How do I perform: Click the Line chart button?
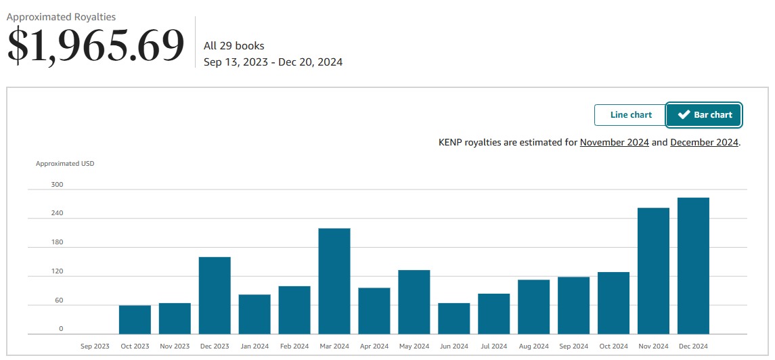click(631, 115)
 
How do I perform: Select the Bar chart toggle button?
click(704, 115)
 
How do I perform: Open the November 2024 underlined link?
click(614, 143)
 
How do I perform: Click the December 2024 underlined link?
click(704, 143)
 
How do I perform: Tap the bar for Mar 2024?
click(334, 281)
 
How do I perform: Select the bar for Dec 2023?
click(215, 295)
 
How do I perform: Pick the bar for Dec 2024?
click(693, 265)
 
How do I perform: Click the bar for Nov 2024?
click(653, 271)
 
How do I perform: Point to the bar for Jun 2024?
click(453, 318)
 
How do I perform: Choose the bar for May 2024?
click(414, 302)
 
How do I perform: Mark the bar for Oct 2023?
click(135, 319)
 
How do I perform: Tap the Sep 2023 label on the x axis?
click(95, 346)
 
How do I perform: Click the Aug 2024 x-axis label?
click(533, 346)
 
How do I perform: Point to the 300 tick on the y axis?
click(57, 185)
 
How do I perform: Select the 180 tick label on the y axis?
click(57, 242)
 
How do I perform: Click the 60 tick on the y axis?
click(58, 300)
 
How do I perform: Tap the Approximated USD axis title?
click(65, 164)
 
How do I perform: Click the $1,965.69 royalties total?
click(95, 45)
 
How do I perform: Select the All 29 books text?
click(234, 46)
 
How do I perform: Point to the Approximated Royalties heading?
click(61, 17)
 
